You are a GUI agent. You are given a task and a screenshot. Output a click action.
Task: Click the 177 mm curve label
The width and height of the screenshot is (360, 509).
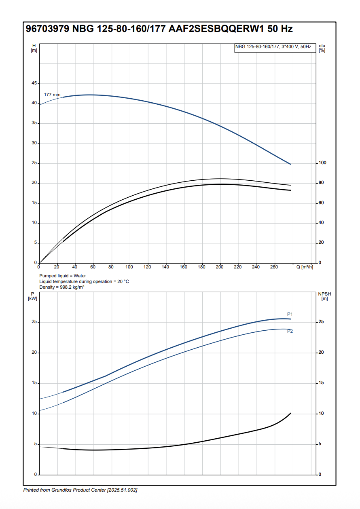[x=52, y=95]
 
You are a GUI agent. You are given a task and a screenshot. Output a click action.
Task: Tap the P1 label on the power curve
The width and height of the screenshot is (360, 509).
[x=290, y=314]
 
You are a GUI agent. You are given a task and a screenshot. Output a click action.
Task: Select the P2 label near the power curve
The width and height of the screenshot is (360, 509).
[x=290, y=332]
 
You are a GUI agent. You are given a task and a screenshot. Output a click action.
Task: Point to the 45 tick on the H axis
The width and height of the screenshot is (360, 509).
[x=34, y=83]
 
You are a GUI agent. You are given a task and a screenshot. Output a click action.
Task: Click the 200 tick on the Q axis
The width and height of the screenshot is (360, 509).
[x=220, y=267]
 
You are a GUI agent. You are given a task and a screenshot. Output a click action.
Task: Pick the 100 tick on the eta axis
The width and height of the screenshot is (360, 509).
[x=322, y=163]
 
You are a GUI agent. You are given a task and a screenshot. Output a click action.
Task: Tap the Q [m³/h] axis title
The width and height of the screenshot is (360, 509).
[x=305, y=267]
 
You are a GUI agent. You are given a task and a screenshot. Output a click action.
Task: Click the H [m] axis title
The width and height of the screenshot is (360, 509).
[x=34, y=48]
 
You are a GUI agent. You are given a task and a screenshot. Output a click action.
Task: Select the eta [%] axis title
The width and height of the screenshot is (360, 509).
[x=322, y=48]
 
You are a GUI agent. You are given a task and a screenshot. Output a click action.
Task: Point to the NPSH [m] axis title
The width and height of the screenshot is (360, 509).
[x=324, y=296]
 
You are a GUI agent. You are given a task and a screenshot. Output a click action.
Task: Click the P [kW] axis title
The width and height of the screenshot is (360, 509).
[x=32, y=296]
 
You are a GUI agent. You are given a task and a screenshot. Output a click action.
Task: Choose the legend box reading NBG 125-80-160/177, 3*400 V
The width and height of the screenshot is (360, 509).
[x=273, y=47]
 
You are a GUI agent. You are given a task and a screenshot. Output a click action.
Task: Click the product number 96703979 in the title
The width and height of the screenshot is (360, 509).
[x=47, y=29]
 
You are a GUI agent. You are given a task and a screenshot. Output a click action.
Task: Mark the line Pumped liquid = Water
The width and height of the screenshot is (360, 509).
[x=62, y=276]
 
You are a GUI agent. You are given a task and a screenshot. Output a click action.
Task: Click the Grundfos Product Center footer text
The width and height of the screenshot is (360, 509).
[x=80, y=490]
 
